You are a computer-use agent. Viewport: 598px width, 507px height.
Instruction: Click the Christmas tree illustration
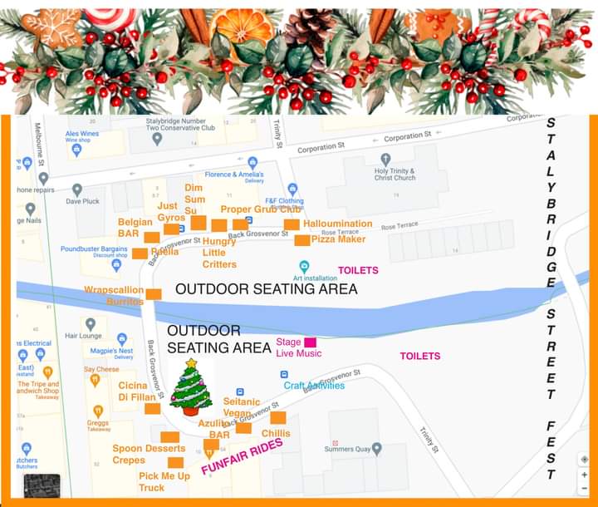click(x=191, y=388)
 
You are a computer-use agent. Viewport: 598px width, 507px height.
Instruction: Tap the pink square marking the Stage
click(x=310, y=342)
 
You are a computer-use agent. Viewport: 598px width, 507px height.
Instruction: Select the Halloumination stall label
click(x=337, y=224)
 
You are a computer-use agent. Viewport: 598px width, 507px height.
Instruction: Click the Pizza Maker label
click(x=338, y=239)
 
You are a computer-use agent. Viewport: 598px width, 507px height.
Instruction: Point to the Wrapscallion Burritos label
click(x=114, y=296)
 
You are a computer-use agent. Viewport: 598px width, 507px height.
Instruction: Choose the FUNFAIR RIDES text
click(x=242, y=455)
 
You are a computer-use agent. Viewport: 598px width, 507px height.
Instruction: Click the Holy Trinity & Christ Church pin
click(x=384, y=159)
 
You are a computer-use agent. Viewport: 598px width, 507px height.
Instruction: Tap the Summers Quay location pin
click(x=376, y=449)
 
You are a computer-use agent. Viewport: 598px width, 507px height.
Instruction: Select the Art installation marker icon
click(x=304, y=266)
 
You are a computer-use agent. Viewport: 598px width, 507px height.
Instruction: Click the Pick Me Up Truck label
click(x=164, y=481)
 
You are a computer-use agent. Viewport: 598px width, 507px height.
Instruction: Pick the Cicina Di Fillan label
click(x=133, y=391)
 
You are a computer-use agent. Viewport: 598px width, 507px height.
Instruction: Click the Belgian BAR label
click(x=135, y=229)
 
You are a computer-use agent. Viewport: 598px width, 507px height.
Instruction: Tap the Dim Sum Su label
click(x=194, y=199)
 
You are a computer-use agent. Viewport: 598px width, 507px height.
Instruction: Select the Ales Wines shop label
click(x=82, y=134)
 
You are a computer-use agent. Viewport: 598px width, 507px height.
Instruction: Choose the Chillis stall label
click(x=276, y=433)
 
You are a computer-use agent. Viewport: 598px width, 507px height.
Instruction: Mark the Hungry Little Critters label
click(x=219, y=253)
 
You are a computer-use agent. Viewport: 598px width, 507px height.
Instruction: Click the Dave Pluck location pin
click(x=77, y=190)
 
